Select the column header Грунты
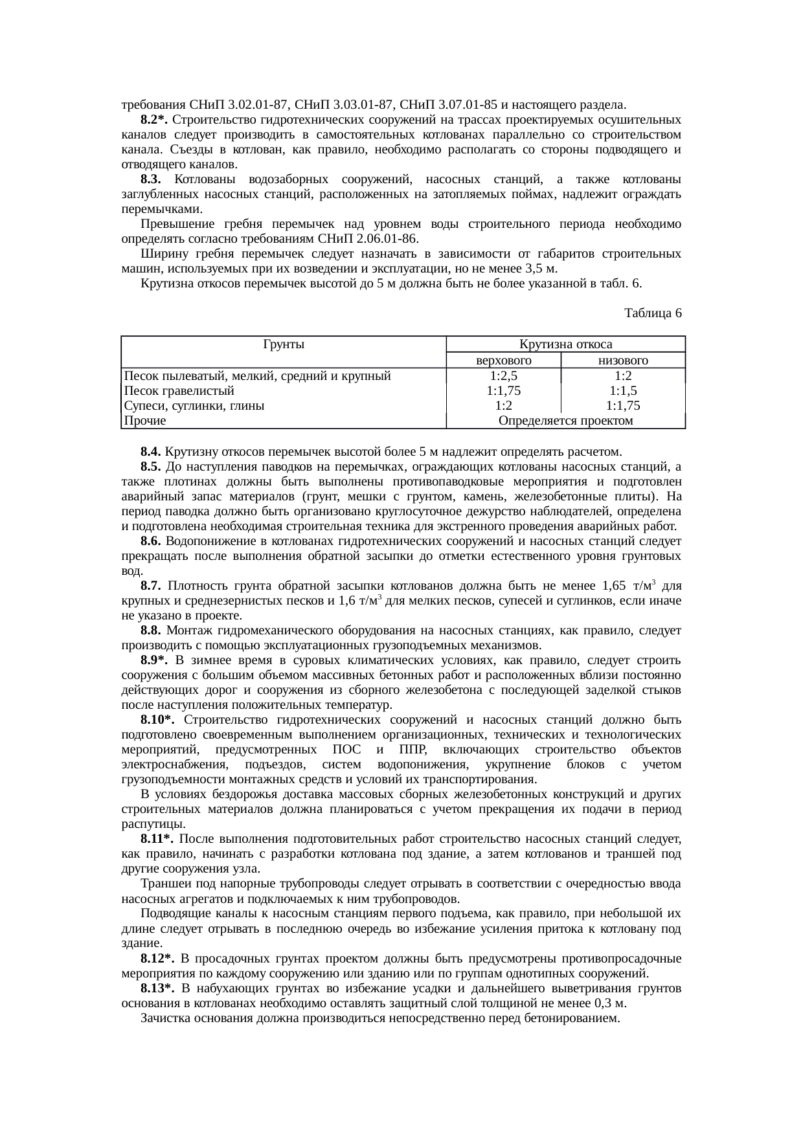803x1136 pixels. click(284, 344)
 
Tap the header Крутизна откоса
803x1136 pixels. click(566, 344)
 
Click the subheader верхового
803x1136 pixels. click(504, 361)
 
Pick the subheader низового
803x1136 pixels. click(623, 361)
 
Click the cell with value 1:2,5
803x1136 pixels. click(504, 375)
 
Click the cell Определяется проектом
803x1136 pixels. click(566, 421)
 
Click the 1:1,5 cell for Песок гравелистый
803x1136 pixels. click(623, 391)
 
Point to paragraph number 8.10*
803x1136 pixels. click(157, 720)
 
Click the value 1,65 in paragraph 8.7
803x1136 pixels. click(613, 586)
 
